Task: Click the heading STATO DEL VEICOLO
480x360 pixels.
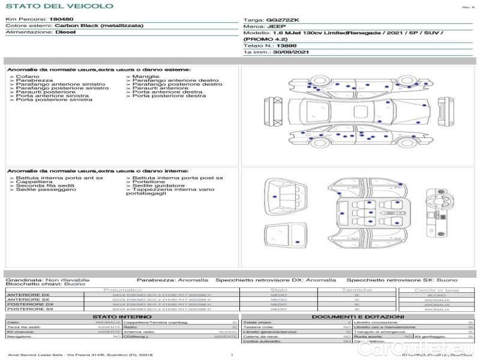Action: tap(59, 6)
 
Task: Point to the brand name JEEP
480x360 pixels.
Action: tap(277, 26)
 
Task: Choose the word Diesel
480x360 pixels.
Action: tap(65, 32)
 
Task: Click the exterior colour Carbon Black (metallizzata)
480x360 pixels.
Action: tap(89, 26)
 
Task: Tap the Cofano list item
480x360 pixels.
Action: tap(28, 77)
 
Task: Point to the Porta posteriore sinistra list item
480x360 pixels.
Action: tap(54, 100)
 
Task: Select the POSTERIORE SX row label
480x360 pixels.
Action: tap(29, 309)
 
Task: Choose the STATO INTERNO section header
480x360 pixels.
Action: tap(122, 317)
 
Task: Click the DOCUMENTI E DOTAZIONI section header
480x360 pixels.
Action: tap(358, 317)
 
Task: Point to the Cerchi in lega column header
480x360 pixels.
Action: tap(436, 290)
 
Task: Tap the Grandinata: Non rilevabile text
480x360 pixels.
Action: tap(47, 280)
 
